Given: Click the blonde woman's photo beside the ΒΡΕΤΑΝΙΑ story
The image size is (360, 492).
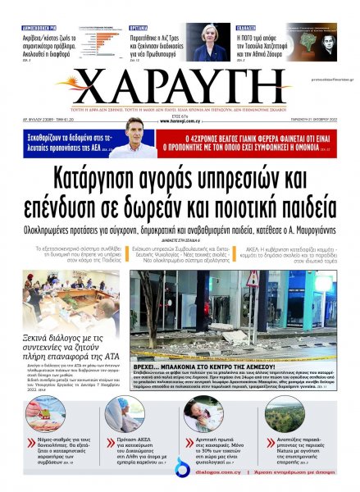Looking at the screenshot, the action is tap(210, 42).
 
